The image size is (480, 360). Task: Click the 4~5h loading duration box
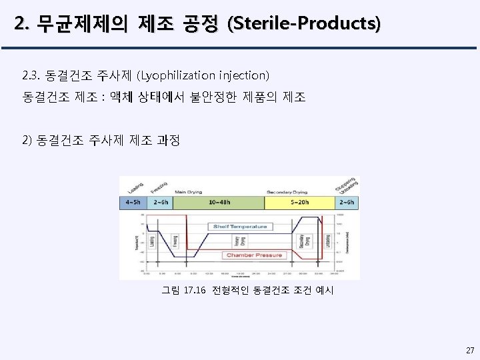coord(133,201)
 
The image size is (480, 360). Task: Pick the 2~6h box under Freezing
coord(161,201)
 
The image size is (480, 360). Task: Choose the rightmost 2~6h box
coord(347,201)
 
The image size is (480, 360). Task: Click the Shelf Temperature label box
coord(240,227)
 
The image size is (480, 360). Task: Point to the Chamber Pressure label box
coord(255,255)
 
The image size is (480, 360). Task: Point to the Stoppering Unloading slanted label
coord(347,184)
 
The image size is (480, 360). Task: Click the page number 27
coord(470,350)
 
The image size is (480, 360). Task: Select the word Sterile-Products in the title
coord(305,25)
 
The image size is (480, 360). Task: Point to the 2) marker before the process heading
coord(28,141)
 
